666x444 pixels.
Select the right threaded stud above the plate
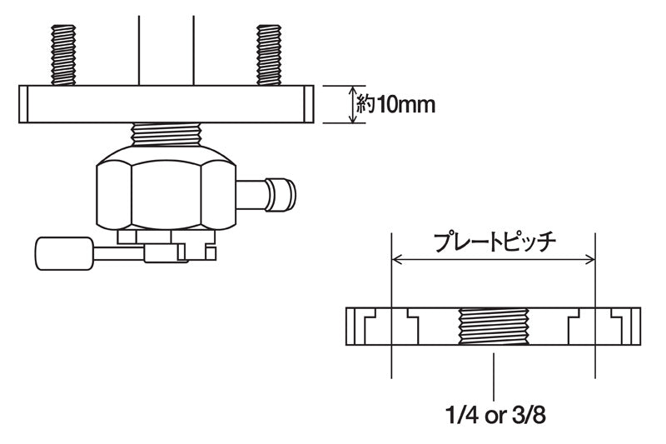(x=269, y=54)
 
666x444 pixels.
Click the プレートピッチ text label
(x=495, y=242)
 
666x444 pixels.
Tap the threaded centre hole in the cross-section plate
(x=494, y=327)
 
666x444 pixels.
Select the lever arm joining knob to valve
(x=121, y=249)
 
